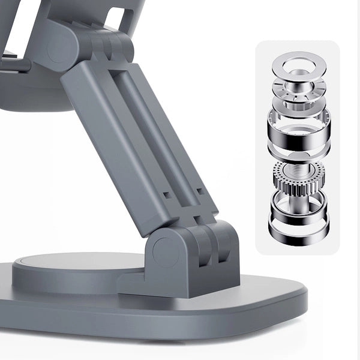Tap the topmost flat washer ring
[298, 62]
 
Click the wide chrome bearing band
[298, 135]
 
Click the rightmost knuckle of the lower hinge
[225, 243]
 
